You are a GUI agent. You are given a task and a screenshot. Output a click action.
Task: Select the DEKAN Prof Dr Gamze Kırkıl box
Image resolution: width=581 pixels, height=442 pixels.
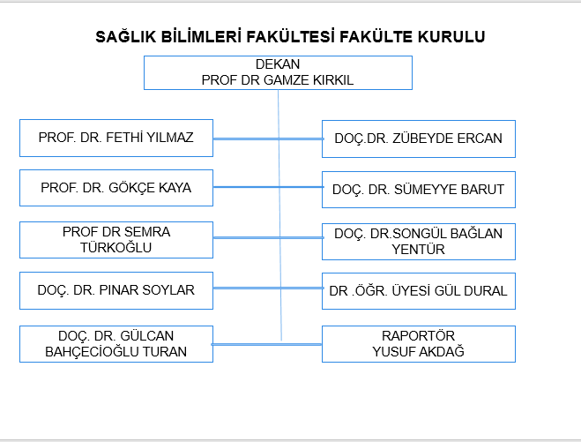point(278,72)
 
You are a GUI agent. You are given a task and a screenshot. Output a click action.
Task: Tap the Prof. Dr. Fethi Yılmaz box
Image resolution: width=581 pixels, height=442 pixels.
point(115,138)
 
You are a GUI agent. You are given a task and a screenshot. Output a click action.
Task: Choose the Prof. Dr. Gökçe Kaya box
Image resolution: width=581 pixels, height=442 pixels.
point(115,188)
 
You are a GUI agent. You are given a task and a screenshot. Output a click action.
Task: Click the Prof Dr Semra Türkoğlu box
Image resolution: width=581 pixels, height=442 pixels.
point(115,240)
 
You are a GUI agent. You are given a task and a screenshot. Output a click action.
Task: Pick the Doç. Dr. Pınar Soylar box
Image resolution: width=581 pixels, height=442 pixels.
point(115,290)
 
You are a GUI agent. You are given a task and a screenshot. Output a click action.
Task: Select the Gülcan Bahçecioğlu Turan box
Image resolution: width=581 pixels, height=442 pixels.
point(115,344)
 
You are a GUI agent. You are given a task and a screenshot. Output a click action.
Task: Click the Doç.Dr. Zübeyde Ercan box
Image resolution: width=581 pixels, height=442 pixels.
point(418,139)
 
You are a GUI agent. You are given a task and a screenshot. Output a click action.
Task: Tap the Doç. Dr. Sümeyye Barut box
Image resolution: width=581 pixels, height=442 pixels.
point(418,189)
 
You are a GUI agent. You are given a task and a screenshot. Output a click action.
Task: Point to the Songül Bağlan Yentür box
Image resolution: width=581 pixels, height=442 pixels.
point(418,241)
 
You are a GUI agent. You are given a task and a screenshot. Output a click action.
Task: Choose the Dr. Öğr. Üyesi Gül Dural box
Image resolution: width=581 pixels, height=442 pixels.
point(418,290)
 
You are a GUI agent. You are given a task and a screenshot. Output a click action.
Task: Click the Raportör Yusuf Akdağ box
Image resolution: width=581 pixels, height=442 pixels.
point(418,344)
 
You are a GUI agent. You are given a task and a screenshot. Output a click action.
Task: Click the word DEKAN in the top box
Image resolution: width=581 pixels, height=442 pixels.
point(278,64)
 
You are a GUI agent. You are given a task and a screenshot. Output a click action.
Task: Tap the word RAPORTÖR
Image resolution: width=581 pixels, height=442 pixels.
point(418,336)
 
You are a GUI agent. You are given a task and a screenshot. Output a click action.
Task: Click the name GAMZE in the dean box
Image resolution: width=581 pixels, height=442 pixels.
point(281,79)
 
